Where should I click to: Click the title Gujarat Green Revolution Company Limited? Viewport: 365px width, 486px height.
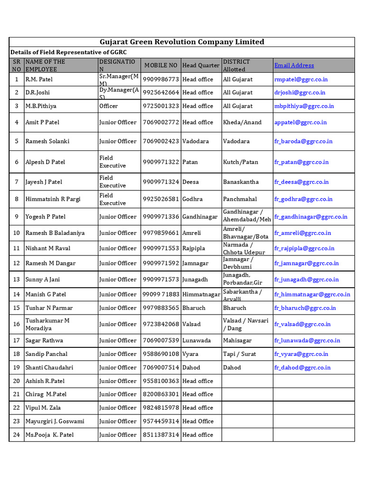(x=182, y=42)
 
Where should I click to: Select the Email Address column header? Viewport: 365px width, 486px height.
(x=294, y=65)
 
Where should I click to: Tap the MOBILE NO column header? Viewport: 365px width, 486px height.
(x=161, y=65)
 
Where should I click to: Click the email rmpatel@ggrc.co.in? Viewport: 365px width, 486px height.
(x=301, y=79)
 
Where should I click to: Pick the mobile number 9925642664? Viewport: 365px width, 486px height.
(x=161, y=93)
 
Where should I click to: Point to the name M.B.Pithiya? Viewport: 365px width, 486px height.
(x=40, y=106)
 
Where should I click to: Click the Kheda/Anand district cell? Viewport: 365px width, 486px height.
(x=242, y=122)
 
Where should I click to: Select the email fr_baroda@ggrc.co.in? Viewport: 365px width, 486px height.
(x=303, y=141)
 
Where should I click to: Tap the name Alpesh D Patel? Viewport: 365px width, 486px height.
(x=45, y=162)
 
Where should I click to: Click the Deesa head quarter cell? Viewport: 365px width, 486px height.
(x=191, y=182)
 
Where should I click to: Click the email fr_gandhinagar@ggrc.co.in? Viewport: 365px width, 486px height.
(x=310, y=217)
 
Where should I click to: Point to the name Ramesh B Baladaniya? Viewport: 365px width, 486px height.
(x=54, y=233)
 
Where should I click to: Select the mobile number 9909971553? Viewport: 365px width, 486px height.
(x=161, y=248)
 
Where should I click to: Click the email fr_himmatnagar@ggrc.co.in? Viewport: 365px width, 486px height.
(x=312, y=294)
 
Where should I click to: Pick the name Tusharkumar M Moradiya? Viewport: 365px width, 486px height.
(x=48, y=324)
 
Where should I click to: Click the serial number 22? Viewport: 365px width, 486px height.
(x=17, y=408)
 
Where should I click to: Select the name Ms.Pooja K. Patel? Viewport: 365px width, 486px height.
(x=49, y=435)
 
